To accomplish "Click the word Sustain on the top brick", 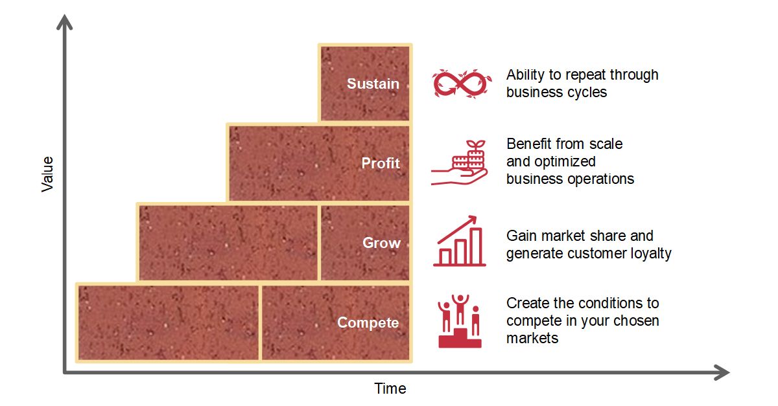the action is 373,84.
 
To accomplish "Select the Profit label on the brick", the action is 381,163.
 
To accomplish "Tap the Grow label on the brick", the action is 381,243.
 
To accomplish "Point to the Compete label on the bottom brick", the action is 368,323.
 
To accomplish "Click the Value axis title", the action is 47,174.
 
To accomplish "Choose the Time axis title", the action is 390,389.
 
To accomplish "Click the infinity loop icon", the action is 462,84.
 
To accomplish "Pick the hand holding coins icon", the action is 459,163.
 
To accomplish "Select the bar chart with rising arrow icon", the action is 459,241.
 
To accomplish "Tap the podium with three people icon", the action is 460,321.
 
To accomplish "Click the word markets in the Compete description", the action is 532,338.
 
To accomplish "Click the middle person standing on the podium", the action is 460,310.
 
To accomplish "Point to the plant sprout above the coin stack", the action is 476,144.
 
